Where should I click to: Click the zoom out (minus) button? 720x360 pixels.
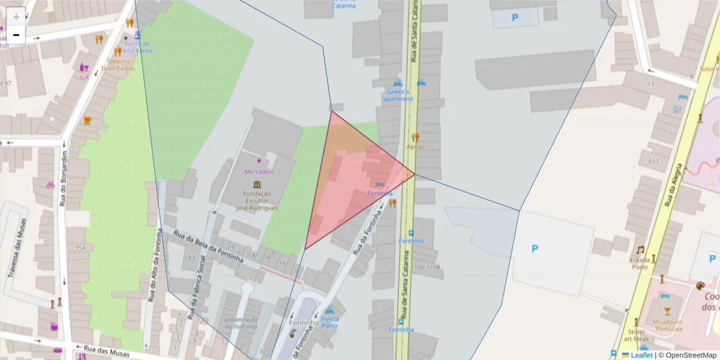click(16, 35)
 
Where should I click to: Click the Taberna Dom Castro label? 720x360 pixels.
click(118, 64)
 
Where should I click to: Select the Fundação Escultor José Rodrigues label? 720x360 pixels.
click(257, 201)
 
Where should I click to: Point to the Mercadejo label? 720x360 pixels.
click(259, 171)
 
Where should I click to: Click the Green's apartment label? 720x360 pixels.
click(398, 95)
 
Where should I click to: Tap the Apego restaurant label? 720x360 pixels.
click(415, 146)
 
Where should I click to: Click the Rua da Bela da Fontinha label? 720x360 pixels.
click(208, 246)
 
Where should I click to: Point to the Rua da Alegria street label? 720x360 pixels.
click(674, 185)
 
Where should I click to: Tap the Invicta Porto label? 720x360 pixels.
click(329, 322)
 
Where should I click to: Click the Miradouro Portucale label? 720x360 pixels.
click(667, 325)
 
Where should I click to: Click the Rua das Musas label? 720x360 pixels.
click(99, 349)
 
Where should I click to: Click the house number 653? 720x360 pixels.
click(653, 161)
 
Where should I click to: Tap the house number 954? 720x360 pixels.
click(80, 247)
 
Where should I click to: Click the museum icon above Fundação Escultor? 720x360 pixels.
click(257, 184)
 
